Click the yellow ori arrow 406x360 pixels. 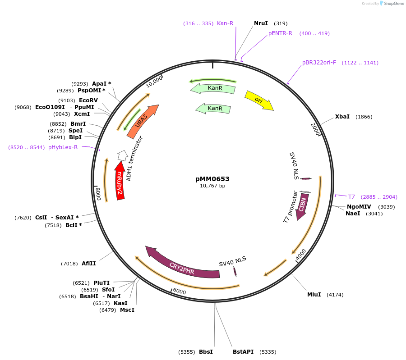click(x=258, y=100)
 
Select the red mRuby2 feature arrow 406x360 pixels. click(x=120, y=182)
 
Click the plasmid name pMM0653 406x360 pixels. click(x=212, y=179)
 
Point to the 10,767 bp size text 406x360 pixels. click(x=212, y=186)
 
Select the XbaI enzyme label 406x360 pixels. click(x=342, y=117)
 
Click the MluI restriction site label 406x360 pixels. click(x=314, y=295)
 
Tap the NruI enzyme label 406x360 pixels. click(x=261, y=23)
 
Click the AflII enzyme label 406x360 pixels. click(x=89, y=264)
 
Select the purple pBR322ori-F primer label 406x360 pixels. click(x=319, y=63)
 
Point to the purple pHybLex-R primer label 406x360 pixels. click(x=63, y=147)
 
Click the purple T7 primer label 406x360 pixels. click(x=351, y=197)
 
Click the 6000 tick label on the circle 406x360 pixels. click(x=180, y=292)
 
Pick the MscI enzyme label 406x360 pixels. click(x=127, y=310)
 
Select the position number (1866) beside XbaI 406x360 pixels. click(x=364, y=117)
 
